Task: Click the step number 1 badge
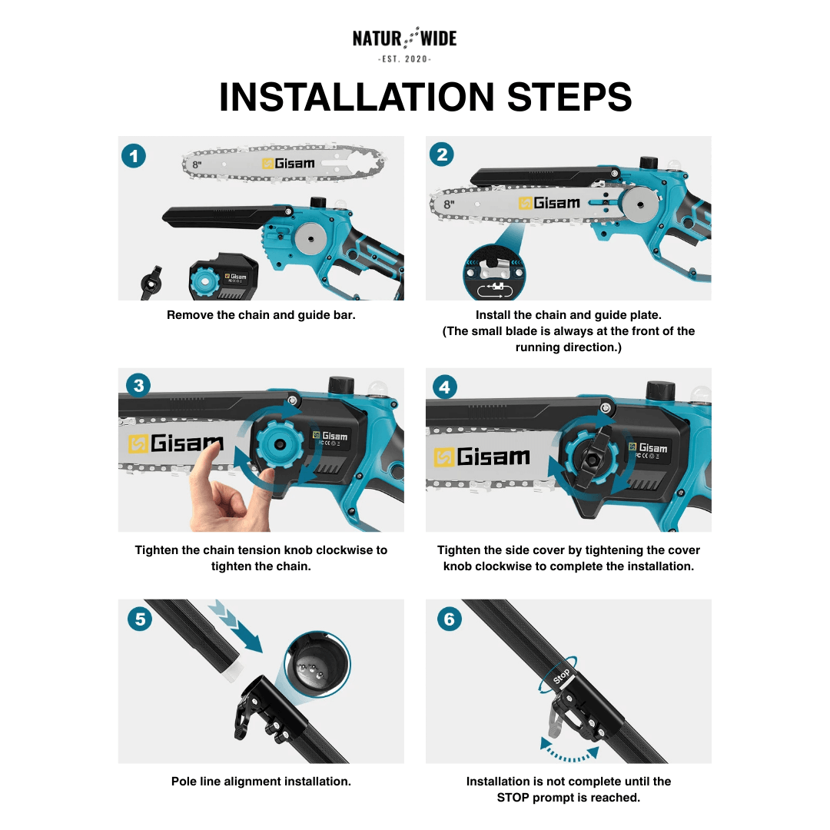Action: tap(134, 157)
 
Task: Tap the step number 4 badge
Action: tap(444, 387)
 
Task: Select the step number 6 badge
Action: tap(449, 619)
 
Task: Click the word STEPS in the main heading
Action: tap(569, 98)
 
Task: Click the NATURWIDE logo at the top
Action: tap(404, 38)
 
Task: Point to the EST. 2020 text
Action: tap(404, 59)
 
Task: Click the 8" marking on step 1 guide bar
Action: tap(197, 164)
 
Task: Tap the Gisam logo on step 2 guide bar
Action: tap(549, 203)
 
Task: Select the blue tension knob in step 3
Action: tap(276, 444)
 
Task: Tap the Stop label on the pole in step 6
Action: tap(562, 677)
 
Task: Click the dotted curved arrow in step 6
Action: tap(569, 751)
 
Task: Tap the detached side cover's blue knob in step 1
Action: tap(205, 281)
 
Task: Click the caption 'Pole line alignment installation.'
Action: tap(261, 782)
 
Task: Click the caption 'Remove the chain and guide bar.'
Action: tap(261, 315)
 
